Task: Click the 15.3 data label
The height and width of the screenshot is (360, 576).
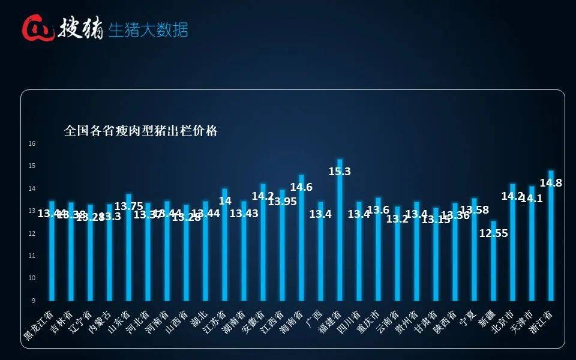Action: [340, 171]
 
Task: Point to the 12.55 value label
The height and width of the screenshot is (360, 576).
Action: [494, 233]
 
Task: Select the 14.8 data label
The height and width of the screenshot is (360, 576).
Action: [551, 183]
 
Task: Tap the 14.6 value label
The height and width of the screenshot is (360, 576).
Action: [301, 187]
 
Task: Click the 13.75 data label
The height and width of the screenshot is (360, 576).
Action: [128, 206]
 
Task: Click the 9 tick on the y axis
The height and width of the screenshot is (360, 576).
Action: [34, 300]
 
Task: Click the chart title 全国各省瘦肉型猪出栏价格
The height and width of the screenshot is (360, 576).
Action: [141, 131]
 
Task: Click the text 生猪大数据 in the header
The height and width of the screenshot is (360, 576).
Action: [148, 29]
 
